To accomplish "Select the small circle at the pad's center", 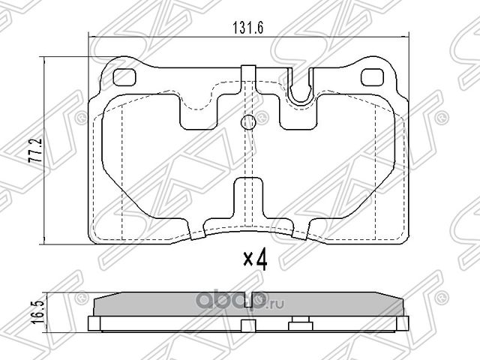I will pos(248,123).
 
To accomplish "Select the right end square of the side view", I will pos(402,323).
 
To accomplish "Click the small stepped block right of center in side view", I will pos(299,323).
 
